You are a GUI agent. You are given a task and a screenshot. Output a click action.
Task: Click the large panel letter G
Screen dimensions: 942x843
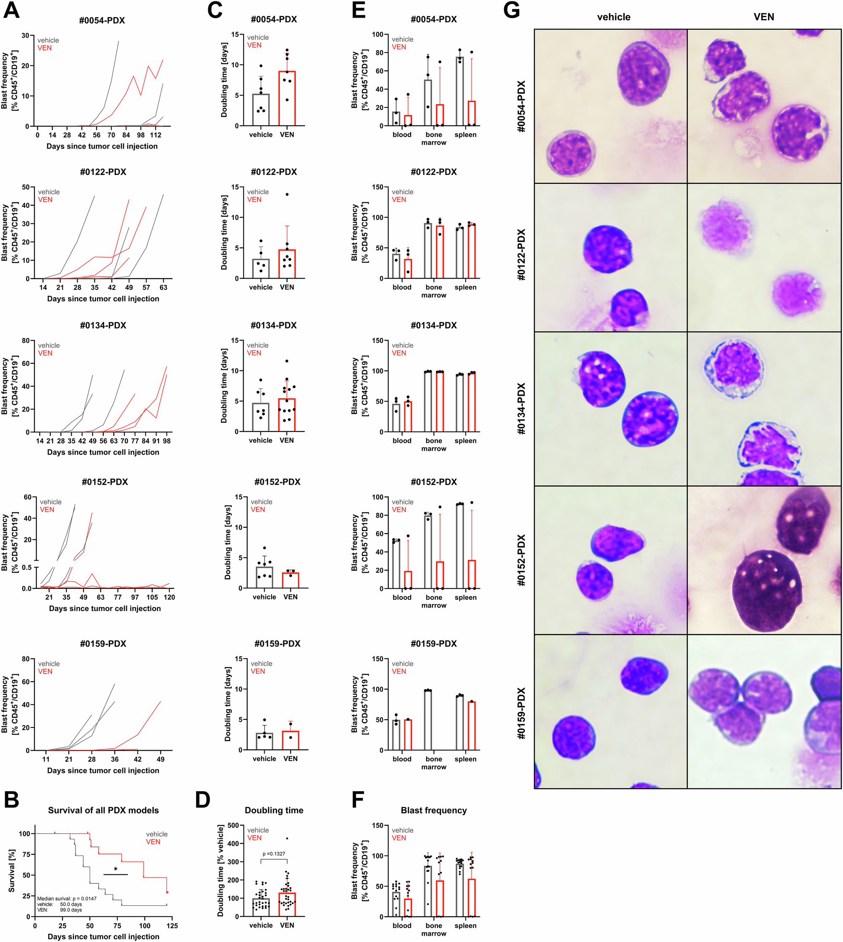[x=511, y=10]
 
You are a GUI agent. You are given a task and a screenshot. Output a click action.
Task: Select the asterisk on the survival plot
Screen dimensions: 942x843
[x=115, y=869]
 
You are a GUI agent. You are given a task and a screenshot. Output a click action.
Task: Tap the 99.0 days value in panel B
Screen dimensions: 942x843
[x=71, y=910]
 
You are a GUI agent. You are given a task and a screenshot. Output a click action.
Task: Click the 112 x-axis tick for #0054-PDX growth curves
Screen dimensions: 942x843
[x=156, y=135]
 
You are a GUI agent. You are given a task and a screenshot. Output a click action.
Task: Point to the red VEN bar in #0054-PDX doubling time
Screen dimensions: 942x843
[x=287, y=98]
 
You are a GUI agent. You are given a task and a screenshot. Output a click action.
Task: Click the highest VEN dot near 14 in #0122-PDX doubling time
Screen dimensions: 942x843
[x=287, y=195]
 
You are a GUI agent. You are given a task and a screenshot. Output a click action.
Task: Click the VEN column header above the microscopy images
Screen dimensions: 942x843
[x=763, y=17]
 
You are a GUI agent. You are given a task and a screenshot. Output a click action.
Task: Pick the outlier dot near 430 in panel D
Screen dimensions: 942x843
[x=287, y=838]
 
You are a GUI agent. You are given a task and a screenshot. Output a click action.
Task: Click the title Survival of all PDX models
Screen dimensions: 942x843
[x=103, y=810]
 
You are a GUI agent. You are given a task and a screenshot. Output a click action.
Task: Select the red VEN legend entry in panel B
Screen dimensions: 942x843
[x=153, y=842]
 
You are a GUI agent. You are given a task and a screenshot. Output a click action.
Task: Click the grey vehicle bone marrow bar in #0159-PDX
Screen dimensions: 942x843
[x=427, y=720]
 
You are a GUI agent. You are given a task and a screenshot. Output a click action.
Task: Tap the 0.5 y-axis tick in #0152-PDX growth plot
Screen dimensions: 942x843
[x=27, y=567]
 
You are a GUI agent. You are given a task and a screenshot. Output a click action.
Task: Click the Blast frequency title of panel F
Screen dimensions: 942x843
[x=434, y=810]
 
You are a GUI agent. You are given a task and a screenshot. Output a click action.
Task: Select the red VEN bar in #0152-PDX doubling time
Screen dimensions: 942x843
[x=290, y=580]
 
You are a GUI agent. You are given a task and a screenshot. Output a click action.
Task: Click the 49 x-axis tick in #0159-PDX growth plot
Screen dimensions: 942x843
[x=160, y=759]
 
